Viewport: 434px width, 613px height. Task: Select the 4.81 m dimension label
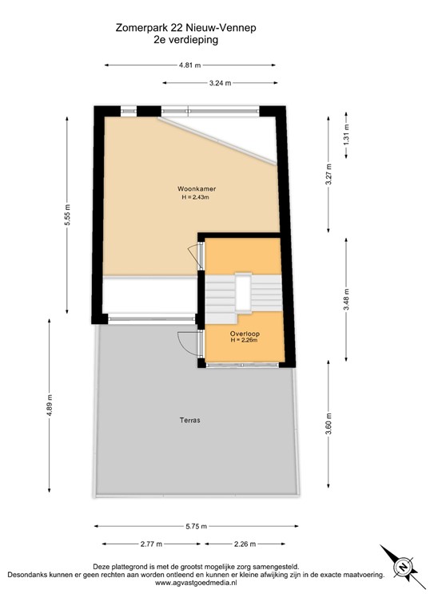tap(193, 65)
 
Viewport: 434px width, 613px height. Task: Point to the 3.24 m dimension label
tap(220, 82)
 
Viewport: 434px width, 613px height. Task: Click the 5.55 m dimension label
tap(67, 216)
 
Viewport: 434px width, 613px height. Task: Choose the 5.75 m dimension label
tap(196, 527)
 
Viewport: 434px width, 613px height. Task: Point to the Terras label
tap(190, 420)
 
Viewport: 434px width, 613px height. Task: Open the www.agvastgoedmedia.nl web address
tap(195, 584)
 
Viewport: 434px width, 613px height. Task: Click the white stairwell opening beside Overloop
tap(243, 297)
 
